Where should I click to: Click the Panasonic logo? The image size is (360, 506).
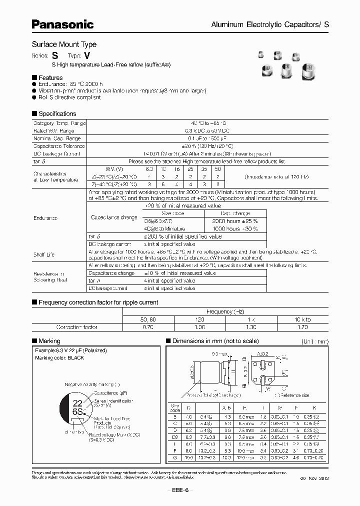coord(62,23)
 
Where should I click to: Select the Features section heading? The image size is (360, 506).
coord(50,77)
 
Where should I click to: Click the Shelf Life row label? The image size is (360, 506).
coord(43,254)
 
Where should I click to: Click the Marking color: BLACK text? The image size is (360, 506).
coord(59,358)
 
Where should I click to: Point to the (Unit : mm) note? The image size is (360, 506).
coord(314,341)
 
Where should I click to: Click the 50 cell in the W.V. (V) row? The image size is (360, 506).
coord(217,169)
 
